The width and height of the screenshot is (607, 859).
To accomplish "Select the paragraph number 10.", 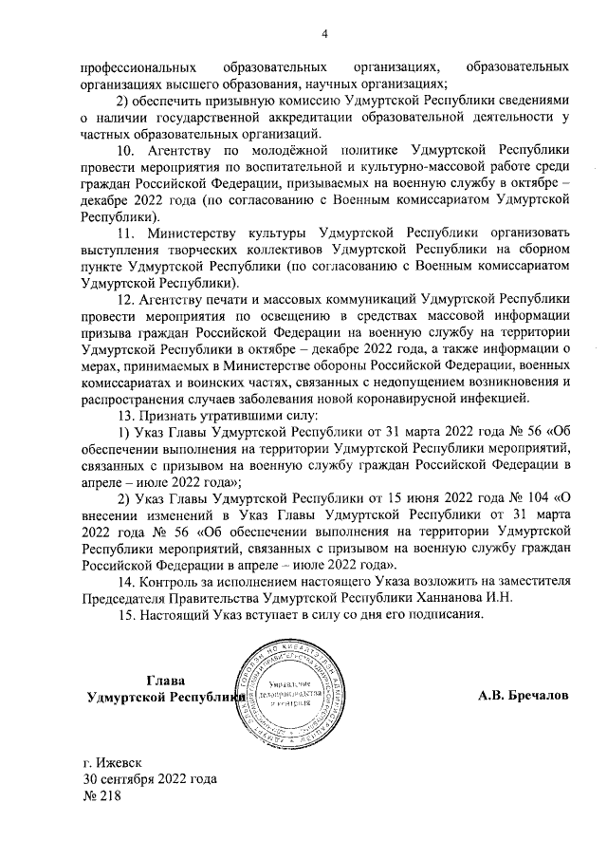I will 123,150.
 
